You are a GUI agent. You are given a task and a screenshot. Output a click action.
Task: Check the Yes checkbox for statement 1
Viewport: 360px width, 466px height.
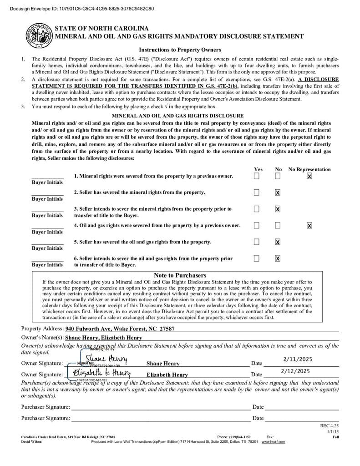tap(257, 176)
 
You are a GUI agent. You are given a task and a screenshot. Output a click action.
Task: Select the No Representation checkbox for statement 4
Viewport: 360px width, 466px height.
tap(309, 225)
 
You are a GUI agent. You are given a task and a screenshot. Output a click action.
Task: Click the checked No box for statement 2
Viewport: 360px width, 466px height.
tap(278, 192)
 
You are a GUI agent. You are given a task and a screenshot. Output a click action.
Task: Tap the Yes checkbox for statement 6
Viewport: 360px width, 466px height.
tap(257, 258)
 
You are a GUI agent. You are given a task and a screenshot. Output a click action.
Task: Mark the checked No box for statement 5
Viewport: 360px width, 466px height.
tap(278, 242)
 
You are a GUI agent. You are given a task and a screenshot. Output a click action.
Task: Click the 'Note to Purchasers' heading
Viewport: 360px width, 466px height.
tap(180, 275)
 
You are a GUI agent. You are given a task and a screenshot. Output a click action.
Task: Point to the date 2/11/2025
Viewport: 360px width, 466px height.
tap(296, 359)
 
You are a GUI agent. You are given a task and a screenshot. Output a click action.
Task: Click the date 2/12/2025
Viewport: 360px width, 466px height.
tap(296, 371)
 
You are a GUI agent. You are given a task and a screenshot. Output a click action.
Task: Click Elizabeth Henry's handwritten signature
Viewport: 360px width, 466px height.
tap(99, 373)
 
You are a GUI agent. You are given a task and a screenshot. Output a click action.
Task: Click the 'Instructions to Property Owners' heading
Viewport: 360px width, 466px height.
tap(180, 50)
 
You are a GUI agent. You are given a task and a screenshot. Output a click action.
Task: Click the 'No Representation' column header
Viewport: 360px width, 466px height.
tap(309, 169)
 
